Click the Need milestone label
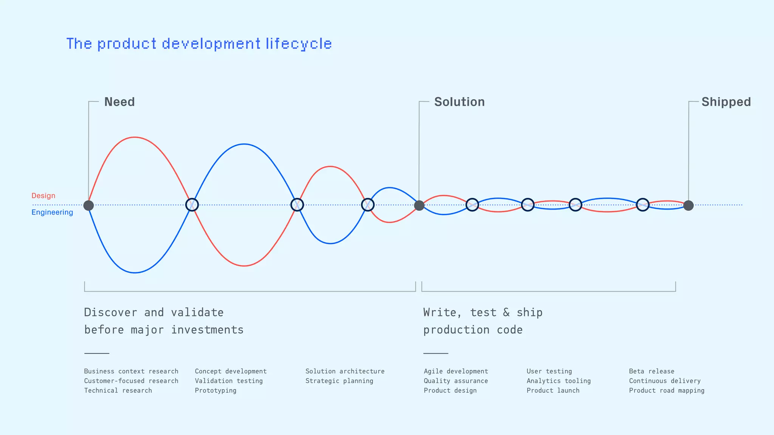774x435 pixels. pos(119,102)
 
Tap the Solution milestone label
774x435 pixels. pos(459,102)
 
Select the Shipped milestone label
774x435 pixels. pos(726,102)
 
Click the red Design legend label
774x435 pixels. pos(43,196)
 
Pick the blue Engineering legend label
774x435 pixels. pos(52,212)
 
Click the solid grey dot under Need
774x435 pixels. pos(88,205)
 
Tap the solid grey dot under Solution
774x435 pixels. pos(419,205)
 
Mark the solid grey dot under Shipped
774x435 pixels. pos(689,205)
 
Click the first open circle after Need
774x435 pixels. pos(192,205)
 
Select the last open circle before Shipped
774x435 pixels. pos(642,205)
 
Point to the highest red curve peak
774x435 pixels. pos(135,137)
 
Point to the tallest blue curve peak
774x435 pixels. pos(245,144)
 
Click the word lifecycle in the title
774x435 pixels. pos(299,44)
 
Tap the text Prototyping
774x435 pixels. pos(215,390)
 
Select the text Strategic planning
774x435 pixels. pos(339,381)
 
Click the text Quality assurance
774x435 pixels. pos(456,381)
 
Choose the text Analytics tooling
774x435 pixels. pos(559,381)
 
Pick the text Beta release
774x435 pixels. pos(652,371)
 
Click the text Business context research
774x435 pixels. pos(131,371)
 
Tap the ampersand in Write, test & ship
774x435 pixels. pos(506,313)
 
